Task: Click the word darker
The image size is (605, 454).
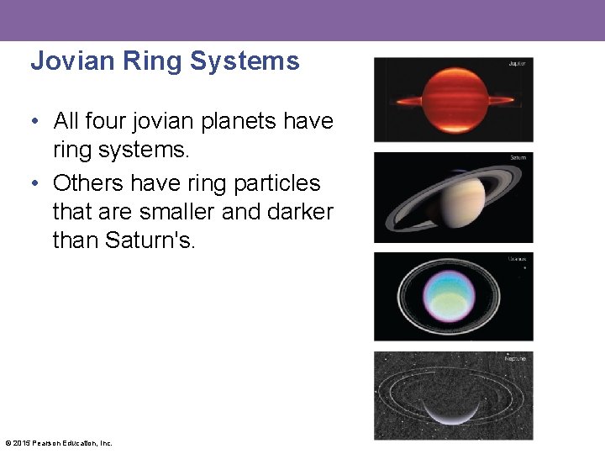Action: [x=300, y=212]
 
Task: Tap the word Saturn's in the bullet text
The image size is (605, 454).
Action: [x=151, y=240]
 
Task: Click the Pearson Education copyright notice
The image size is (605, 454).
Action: [x=59, y=443]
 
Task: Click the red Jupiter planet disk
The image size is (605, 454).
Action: [x=454, y=98]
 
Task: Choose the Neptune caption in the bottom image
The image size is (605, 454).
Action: [x=516, y=358]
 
